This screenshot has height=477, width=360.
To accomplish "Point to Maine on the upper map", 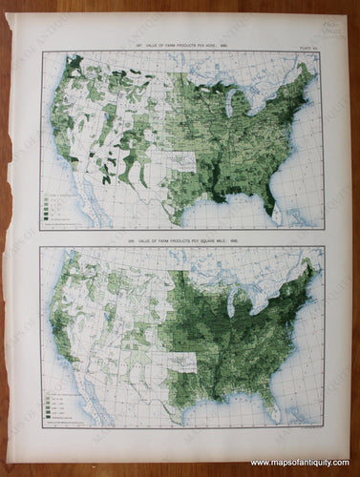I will tap(307, 70).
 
